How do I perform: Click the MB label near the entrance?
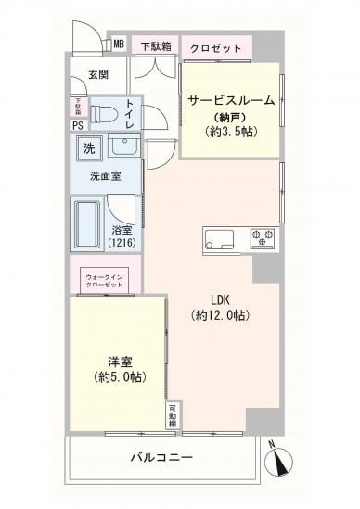(x=119, y=44)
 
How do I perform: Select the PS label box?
(x=78, y=125)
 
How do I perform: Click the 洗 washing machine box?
(x=88, y=149)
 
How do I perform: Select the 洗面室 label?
(x=102, y=176)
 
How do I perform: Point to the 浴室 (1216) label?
(x=122, y=236)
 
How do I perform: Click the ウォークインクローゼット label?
(x=104, y=281)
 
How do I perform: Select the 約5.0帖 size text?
(x=119, y=377)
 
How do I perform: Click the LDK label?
(x=220, y=299)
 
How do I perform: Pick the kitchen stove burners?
(x=261, y=237)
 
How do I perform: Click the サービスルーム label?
(x=231, y=99)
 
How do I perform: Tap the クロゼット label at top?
(x=216, y=48)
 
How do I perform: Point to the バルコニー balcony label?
(x=161, y=457)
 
